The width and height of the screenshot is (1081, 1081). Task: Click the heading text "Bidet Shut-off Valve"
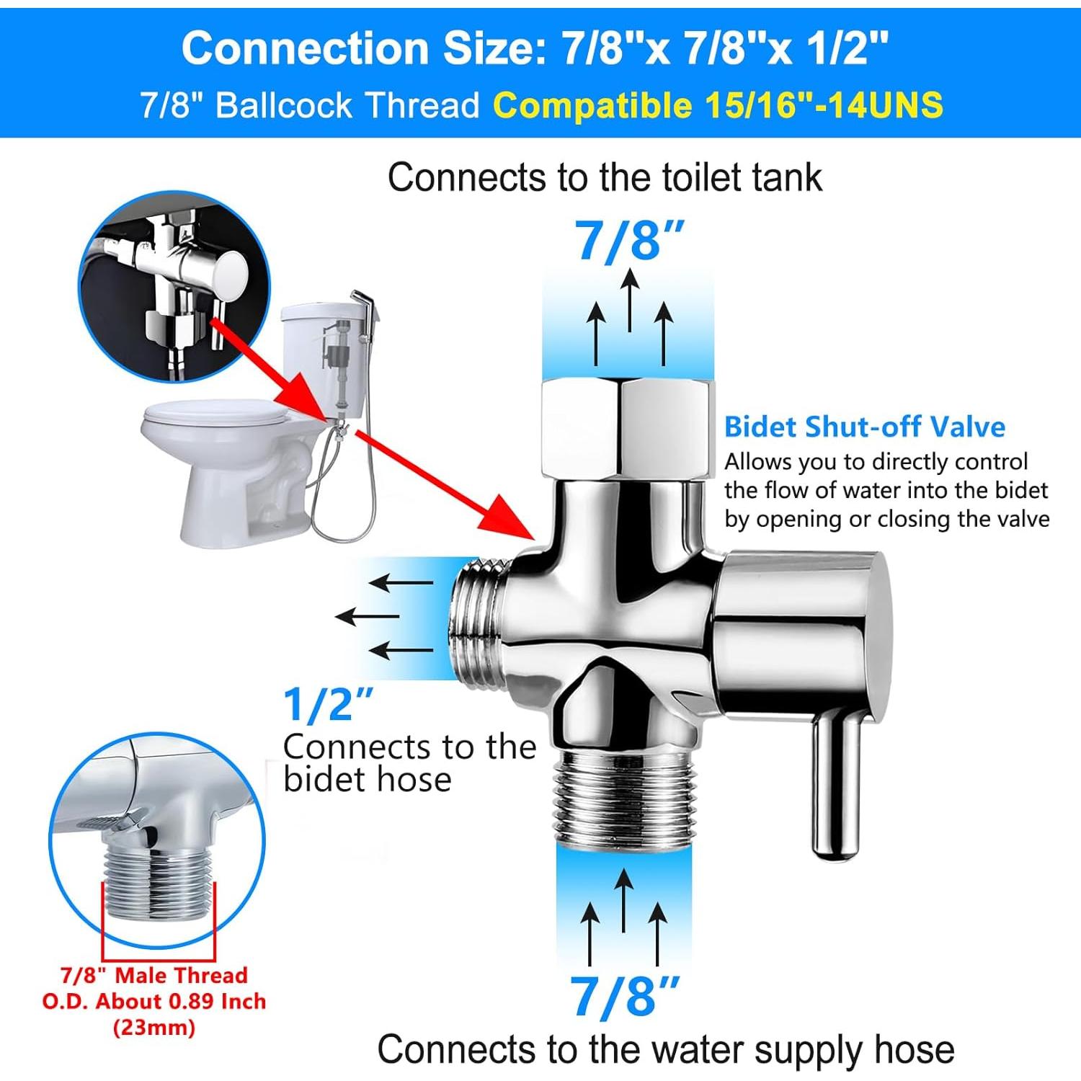864,427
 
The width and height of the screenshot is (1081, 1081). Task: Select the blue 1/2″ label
328,704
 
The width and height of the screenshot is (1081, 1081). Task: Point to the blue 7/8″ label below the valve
624,996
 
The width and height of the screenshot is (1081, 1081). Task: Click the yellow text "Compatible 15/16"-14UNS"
717,105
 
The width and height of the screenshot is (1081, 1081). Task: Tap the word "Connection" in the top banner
305,48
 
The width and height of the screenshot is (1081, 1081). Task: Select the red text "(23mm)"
154,1027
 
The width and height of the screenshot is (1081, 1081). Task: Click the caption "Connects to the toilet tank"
605,177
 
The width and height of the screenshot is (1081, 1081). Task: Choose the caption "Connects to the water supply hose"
665,1049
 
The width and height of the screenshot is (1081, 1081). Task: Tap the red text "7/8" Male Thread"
154,975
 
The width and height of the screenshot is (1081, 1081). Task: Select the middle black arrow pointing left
367,617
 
